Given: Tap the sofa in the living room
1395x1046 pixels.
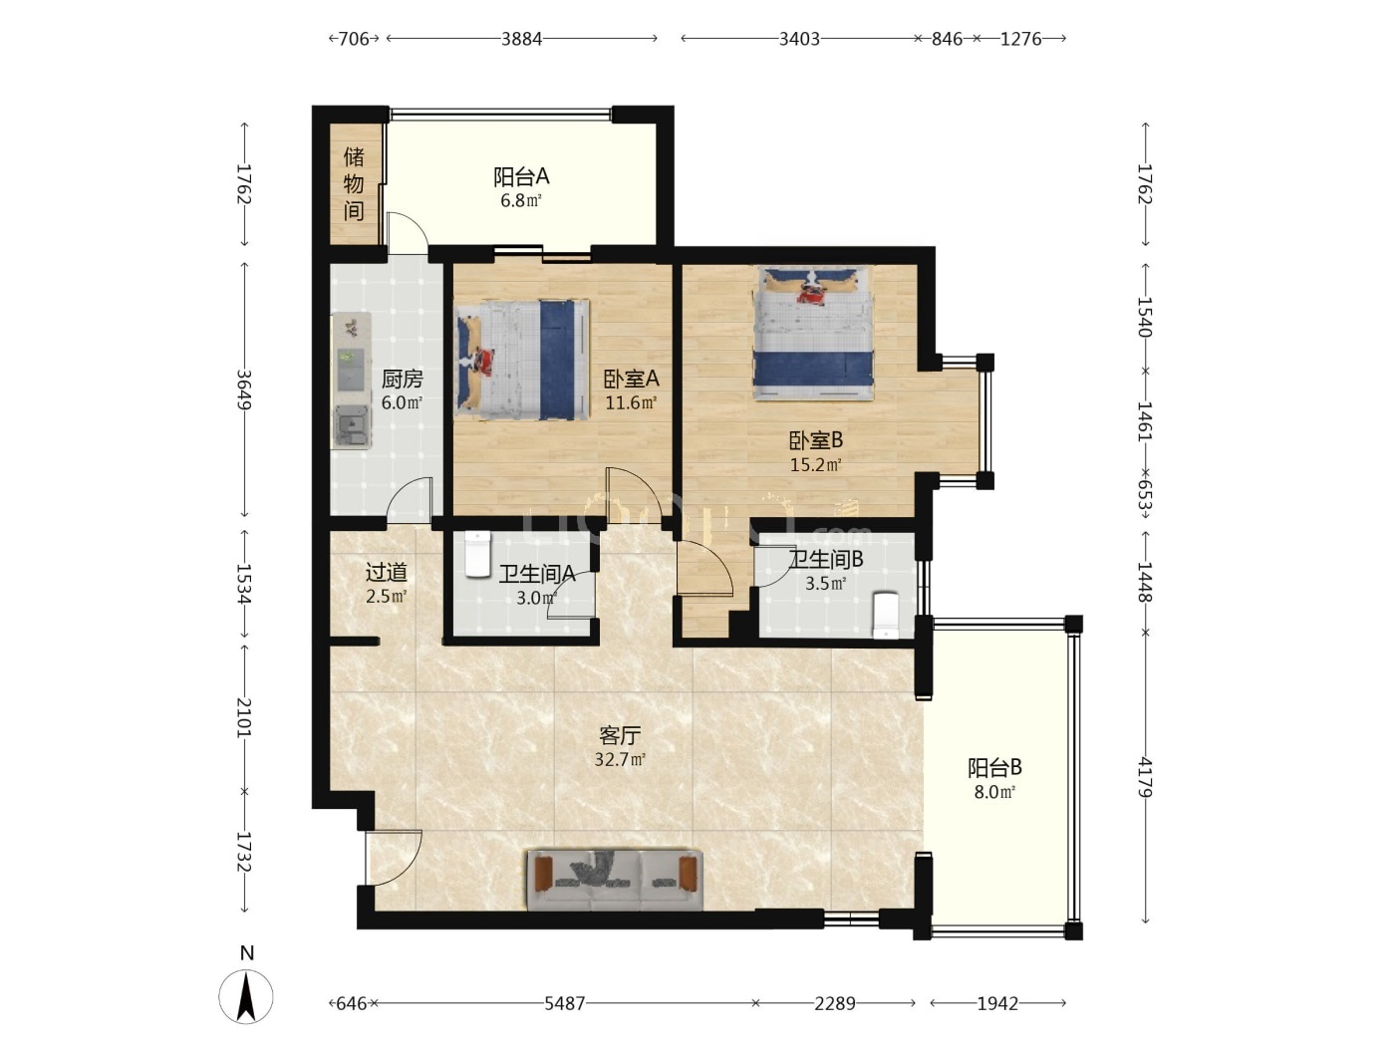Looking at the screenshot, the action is pos(615,881).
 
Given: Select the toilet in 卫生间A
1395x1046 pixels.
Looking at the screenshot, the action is pos(477,554).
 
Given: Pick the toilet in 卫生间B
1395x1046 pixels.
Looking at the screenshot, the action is pos(885,616).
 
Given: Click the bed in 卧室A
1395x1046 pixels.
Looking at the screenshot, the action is pos(522,360).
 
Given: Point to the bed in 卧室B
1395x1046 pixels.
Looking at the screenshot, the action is pos(813,334).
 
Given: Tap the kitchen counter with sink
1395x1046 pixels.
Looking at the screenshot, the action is pos(352,381).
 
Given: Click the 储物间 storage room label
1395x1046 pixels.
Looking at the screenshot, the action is pos(354,183).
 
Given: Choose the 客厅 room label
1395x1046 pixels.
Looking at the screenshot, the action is pos(620,735).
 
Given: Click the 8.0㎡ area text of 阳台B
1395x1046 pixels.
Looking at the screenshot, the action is pos(994,791).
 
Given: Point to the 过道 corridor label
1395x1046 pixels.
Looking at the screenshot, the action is pos(386,572).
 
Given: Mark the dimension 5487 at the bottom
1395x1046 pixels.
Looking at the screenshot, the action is pos(564,1003).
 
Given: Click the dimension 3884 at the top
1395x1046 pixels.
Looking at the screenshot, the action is pos(521,39).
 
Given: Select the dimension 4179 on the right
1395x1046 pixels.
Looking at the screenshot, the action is pos(1145,777).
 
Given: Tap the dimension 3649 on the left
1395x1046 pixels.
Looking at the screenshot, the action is pos(244,390).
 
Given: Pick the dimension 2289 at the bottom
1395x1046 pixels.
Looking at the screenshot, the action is pos(834,1003).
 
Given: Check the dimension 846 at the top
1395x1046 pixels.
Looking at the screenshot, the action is pos(947,39).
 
